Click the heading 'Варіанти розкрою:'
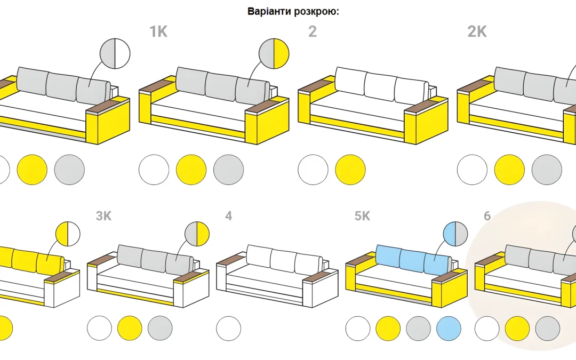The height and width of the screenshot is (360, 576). click(293, 11)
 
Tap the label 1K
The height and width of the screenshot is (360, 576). click(158, 31)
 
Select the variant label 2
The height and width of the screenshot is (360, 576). click(312, 31)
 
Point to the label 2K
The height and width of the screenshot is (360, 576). click(477, 31)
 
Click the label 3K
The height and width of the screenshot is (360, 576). click(103, 215)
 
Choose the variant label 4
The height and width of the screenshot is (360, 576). click(228, 215)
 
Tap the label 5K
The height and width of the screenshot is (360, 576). click(362, 215)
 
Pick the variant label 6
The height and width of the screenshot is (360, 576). click(487, 215)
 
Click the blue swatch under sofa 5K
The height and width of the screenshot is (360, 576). click(449, 329)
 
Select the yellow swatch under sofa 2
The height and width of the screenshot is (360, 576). click(350, 170)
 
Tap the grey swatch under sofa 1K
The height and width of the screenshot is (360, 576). click(228, 170)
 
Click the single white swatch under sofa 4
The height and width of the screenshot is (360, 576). click(228, 329)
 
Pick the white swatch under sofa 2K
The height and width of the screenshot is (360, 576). click(472, 170)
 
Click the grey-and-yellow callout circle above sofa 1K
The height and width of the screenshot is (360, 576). click(274, 54)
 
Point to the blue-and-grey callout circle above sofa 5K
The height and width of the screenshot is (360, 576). click(455, 234)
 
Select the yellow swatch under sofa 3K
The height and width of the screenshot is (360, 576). click(130, 329)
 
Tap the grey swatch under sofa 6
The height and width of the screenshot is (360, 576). click(548, 329)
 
